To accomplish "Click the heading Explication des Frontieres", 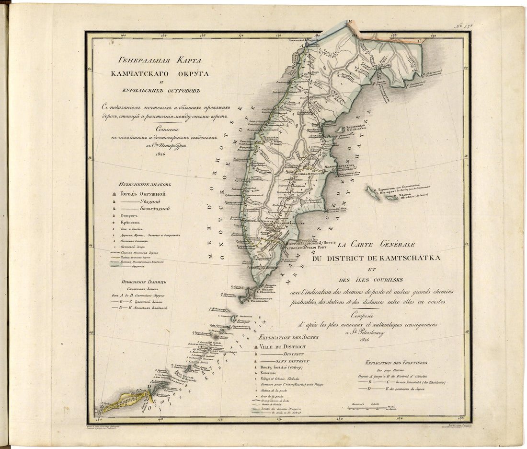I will (396, 363).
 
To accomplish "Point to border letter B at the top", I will (349, 22).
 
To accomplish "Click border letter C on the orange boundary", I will (419, 41).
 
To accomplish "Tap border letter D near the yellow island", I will (150, 386).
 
